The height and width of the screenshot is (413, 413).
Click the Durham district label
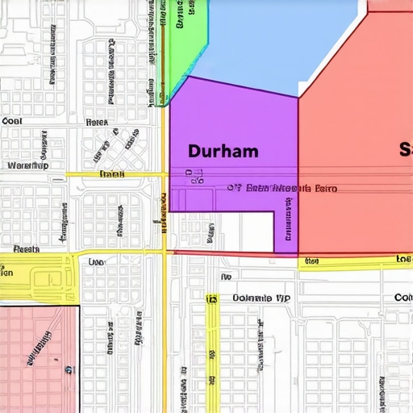coord(223,150)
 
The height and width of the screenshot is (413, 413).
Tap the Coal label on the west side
coord(12,121)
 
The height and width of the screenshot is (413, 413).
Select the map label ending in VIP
coord(260,298)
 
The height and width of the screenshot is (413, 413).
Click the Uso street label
coord(95,262)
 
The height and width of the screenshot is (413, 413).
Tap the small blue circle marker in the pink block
coord(69,371)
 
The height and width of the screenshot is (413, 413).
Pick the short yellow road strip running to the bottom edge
coord(212,355)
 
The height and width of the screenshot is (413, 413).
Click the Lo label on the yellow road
coord(403,259)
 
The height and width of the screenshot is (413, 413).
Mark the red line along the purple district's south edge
coord(234,254)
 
